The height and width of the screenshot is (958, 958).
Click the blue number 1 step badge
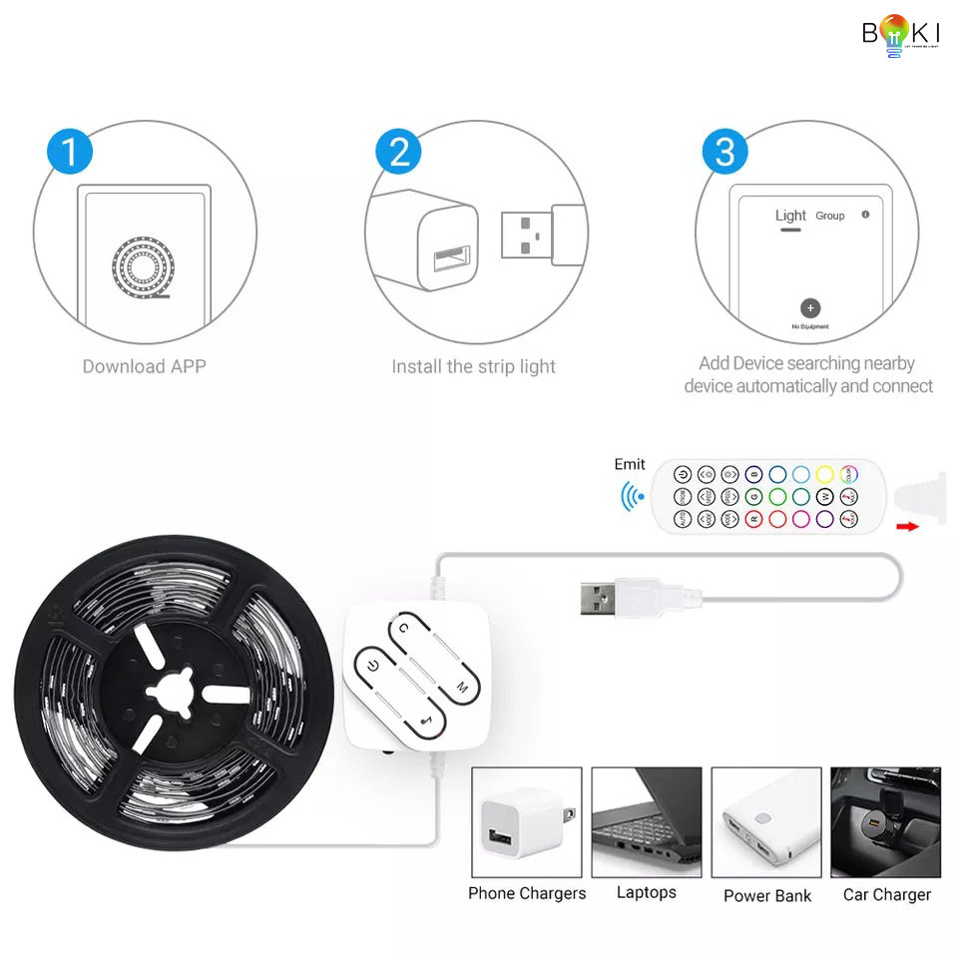(70, 153)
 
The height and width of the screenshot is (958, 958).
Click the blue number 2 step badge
(398, 153)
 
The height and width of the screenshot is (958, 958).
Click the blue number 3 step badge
(725, 153)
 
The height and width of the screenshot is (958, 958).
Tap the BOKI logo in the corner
(901, 34)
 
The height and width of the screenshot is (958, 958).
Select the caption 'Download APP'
(145, 366)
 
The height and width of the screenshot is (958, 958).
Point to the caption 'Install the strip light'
(473, 366)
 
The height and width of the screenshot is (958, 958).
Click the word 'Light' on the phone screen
(790, 216)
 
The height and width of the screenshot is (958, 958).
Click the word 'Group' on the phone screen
(830, 216)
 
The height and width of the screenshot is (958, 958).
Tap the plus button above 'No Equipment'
(810, 308)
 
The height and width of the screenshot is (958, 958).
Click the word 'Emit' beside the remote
(630, 464)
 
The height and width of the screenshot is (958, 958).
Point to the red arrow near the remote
(907, 527)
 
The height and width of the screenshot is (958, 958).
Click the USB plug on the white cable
(599, 599)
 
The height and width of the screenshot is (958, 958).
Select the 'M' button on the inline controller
(461, 687)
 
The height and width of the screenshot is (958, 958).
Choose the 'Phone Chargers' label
(527, 893)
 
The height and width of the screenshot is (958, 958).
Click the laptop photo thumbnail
(647, 821)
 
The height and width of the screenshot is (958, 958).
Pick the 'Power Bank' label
(767, 895)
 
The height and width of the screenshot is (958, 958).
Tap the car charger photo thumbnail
(886, 821)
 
